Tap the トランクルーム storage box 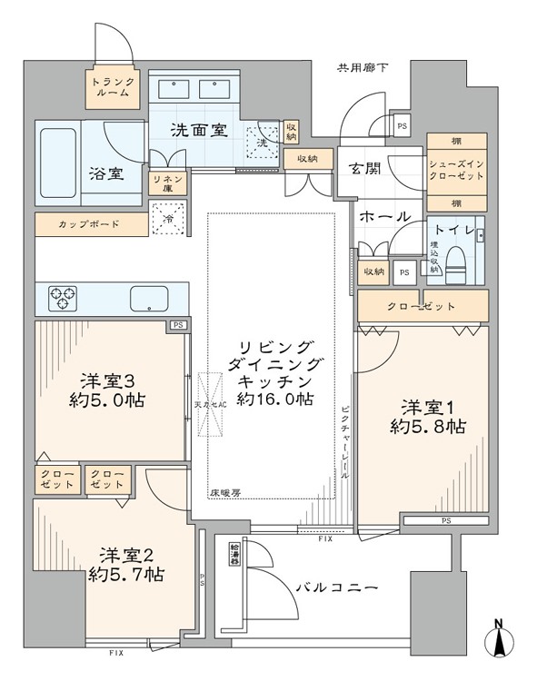tap(113, 88)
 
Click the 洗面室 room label tap(198, 130)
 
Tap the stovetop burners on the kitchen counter tap(64, 295)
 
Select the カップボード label tap(90, 222)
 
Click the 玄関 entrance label tap(362, 168)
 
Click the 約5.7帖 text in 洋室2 tap(126, 574)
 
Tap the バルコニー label tap(335, 588)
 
